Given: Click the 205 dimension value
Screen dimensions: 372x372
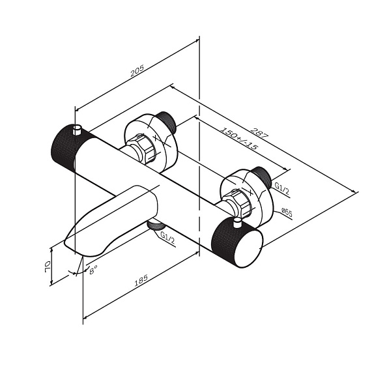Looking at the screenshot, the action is pos(137,70).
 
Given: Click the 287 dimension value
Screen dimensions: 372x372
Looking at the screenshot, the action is pos(259,133).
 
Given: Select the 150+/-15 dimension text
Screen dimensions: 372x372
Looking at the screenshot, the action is pos(239,138).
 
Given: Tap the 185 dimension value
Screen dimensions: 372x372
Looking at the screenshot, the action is pos(141,280).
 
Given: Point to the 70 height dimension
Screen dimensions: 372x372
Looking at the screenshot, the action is pos(47,266).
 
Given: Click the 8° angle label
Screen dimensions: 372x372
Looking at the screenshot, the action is pos(93,270).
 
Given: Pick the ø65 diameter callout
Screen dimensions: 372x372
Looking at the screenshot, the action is pos(287,212).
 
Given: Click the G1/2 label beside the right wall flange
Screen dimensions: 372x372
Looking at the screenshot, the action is pos(282,188).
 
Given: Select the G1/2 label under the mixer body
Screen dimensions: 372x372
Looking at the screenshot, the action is pos(167,238).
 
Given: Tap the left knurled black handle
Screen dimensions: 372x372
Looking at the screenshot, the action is pos(64,149).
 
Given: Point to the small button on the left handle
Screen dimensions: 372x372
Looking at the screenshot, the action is pos(78,130).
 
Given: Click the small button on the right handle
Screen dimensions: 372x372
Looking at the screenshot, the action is pos(237,223).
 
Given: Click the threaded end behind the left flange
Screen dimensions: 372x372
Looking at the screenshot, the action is pos(167,121).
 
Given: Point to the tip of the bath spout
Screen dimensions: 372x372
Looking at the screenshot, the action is pos(65,242).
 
